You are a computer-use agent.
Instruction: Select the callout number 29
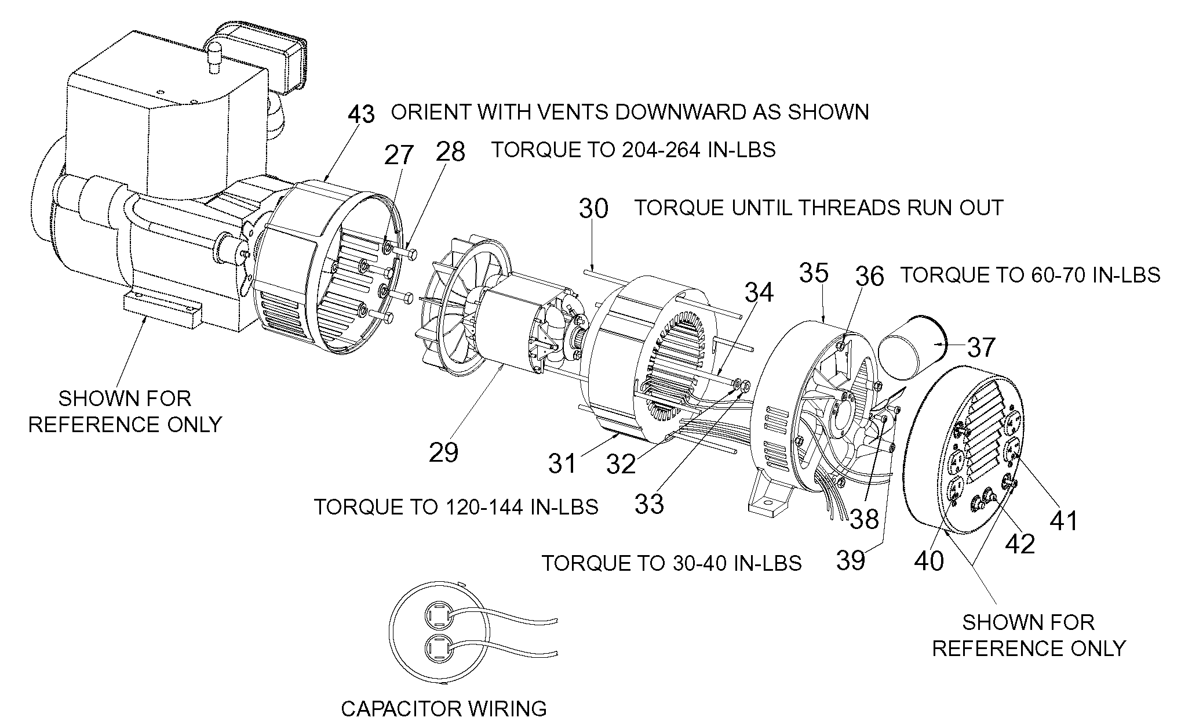444,452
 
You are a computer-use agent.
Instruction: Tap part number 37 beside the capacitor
980,347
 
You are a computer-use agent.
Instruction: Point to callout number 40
930,561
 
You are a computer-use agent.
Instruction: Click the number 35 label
814,273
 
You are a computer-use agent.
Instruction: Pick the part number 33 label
649,504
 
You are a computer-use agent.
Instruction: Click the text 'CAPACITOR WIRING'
444,708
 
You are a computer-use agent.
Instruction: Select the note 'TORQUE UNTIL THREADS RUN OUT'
819,208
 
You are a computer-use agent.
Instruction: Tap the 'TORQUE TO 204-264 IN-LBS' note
634,150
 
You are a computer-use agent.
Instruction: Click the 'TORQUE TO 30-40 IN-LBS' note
672,563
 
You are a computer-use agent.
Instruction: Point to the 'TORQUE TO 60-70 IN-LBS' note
1030,275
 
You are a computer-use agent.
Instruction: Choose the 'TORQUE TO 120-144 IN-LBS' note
457,507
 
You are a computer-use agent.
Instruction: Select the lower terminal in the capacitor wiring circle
437,647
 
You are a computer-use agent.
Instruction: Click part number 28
451,152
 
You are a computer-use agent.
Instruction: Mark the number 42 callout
1020,544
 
